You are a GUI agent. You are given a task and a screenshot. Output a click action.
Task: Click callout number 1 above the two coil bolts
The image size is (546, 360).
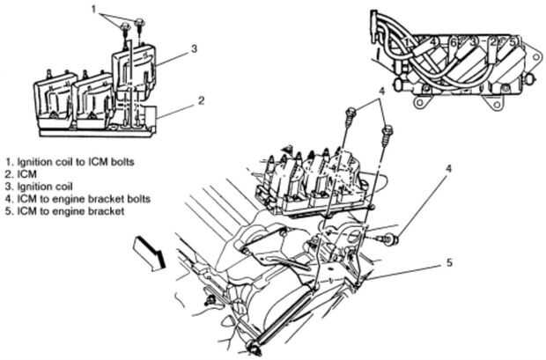(x=93, y=10)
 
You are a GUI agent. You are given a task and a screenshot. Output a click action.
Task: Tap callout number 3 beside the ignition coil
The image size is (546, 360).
(x=195, y=48)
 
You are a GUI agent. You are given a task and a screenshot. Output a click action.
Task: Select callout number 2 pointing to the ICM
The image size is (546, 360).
(x=202, y=100)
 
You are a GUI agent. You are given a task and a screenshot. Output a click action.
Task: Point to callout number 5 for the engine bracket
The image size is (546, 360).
(x=449, y=262)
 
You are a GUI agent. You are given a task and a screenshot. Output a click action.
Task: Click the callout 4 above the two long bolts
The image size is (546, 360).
(x=382, y=92)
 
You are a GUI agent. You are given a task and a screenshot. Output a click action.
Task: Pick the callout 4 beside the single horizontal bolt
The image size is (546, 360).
(x=448, y=169)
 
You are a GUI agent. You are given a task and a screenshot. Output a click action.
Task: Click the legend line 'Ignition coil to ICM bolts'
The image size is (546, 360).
(x=70, y=162)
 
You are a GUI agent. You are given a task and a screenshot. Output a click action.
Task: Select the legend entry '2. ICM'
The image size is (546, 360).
(x=21, y=174)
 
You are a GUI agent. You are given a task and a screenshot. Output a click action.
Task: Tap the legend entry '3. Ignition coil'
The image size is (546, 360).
(x=39, y=187)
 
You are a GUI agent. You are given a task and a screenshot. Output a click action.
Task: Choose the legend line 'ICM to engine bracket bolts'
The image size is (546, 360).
(x=77, y=199)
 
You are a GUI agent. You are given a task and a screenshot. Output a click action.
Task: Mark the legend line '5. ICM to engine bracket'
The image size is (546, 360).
(x=64, y=211)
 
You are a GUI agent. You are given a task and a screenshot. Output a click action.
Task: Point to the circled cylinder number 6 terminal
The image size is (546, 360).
(x=454, y=42)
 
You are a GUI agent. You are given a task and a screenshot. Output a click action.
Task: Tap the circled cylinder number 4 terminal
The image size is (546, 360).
(x=432, y=41)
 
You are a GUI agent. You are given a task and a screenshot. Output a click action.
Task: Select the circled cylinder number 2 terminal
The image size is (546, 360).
(x=493, y=42)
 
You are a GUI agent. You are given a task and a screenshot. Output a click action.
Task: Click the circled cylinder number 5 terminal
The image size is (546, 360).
(x=513, y=42)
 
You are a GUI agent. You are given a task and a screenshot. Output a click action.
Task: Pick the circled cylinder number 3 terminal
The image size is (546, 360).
(x=473, y=42)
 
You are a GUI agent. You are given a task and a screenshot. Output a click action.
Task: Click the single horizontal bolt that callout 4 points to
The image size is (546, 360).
(x=387, y=239)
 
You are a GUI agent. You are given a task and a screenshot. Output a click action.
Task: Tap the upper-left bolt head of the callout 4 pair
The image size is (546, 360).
(x=350, y=112)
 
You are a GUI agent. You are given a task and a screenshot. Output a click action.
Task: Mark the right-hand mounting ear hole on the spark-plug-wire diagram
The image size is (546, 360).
(x=496, y=103)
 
